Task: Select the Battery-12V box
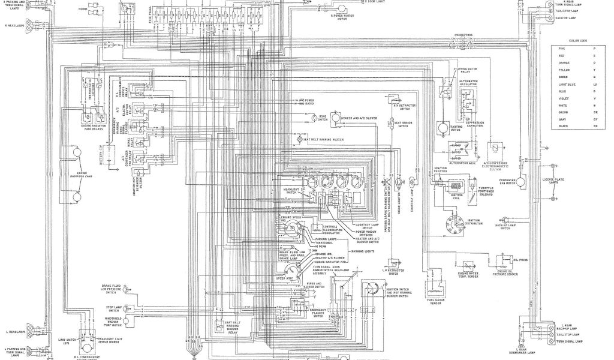(x=109, y=154)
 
